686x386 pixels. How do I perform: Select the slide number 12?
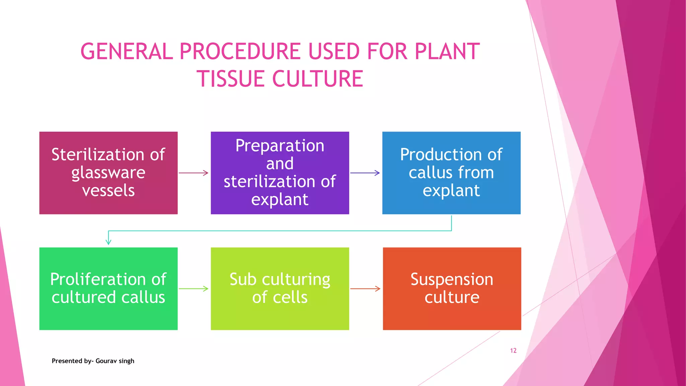(513, 350)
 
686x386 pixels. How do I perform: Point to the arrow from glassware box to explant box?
(194, 173)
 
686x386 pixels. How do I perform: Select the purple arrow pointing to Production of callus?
(365, 173)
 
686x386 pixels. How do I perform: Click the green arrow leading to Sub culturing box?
(194, 288)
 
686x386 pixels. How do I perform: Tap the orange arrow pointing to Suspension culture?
(365, 288)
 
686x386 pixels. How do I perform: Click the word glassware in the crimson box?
(108, 173)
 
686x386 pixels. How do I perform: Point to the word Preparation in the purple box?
(280, 146)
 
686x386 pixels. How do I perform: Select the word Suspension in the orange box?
(452, 279)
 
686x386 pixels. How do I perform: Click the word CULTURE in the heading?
(317, 79)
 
